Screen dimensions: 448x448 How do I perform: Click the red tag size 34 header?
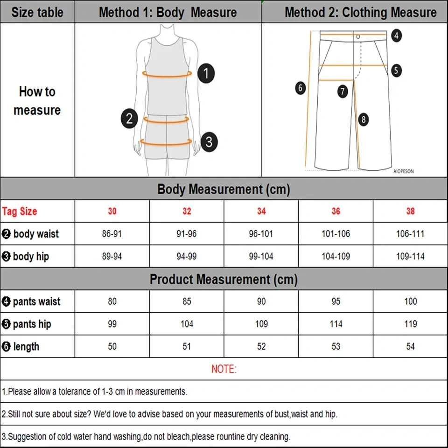261,211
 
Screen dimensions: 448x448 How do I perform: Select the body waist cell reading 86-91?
112,234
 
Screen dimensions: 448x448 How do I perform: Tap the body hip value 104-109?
336,256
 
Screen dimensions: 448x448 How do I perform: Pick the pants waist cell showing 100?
410,301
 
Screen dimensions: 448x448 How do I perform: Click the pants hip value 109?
261,324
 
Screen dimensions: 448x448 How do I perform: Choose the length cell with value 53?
336,346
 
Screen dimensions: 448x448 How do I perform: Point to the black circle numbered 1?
206,73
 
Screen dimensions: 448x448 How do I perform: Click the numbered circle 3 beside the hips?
209,141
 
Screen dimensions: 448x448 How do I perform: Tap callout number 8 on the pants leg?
364,119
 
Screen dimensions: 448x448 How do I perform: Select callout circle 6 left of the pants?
300,87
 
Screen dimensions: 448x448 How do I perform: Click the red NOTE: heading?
224,369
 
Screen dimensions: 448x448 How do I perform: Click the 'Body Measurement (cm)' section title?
224,189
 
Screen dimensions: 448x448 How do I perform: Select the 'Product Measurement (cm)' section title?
224,280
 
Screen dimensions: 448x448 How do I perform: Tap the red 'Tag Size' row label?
20,211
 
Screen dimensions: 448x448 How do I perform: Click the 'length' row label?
26,346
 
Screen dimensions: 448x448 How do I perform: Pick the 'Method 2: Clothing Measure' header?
360,12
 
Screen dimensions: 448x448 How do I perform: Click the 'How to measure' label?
37,100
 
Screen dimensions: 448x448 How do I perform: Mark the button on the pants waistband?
358,36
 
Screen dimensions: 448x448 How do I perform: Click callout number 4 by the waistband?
396,35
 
